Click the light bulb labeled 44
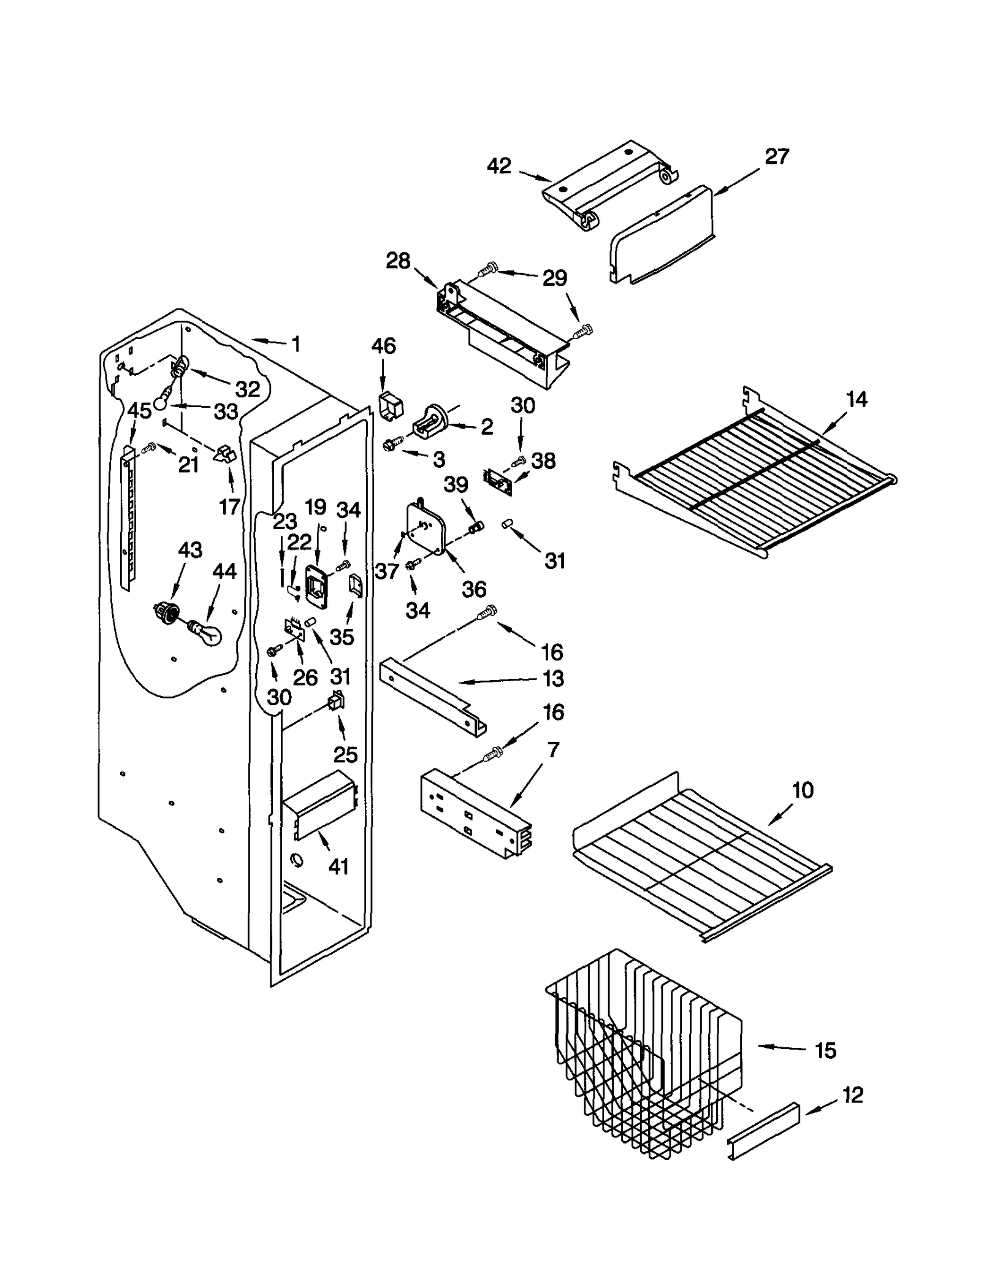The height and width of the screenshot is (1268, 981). pos(205,632)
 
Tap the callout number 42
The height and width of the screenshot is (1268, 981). pos(499,166)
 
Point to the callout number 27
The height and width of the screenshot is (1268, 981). pos(776,157)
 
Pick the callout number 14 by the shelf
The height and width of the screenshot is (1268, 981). pos(856,400)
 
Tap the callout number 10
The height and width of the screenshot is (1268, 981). pos(803,790)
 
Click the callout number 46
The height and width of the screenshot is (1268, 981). pos(383,346)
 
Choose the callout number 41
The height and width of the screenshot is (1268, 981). pos(338,866)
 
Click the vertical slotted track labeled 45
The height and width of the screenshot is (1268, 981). pos(128,515)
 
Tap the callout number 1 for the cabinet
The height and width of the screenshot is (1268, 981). pos(296,345)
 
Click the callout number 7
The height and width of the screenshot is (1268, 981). pos(553,750)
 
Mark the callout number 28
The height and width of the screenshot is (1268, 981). pos(398,261)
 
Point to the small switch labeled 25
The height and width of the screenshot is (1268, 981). pos(336,701)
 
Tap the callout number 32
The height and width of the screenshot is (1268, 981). pos(248,389)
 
